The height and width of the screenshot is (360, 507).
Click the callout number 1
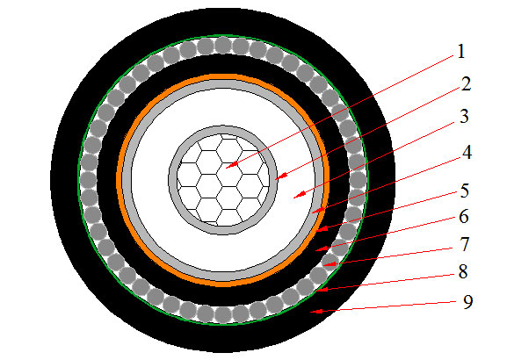click(x=461, y=52)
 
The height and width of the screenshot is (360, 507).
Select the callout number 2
click(x=466, y=84)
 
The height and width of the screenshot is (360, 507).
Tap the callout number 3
click(x=464, y=116)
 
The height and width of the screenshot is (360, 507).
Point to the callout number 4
click(x=467, y=152)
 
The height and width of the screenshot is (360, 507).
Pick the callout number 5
click(x=465, y=191)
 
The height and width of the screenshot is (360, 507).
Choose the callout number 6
click(x=464, y=216)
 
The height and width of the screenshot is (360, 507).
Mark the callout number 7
click(x=465, y=244)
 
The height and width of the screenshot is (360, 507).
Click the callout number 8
click(x=463, y=271)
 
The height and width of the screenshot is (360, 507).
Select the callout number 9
click(x=467, y=302)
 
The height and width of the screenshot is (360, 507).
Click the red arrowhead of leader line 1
click(x=231, y=165)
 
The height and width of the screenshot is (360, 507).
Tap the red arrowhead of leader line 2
click(x=282, y=176)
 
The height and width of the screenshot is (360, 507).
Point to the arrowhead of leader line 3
click(x=300, y=195)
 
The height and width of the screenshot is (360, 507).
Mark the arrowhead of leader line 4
click(x=318, y=211)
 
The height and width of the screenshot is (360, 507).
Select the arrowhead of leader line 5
click(x=322, y=229)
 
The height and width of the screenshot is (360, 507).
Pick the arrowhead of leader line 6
click(x=322, y=248)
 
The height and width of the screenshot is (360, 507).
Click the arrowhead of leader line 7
click(x=330, y=264)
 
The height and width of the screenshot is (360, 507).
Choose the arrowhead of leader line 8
click(x=322, y=289)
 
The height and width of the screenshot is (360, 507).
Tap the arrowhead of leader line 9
click(x=316, y=311)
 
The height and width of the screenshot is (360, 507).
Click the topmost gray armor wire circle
click(x=223, y=46)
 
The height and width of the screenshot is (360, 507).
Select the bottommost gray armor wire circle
click(x=223, y=314)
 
